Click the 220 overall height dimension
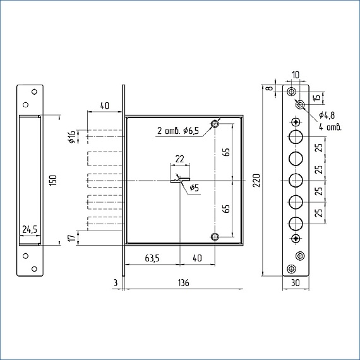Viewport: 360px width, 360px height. point(257,181)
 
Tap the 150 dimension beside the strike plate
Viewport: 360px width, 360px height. point(53,181)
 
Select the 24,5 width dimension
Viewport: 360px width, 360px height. point(30,229)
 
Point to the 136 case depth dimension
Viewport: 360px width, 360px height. point(184,283)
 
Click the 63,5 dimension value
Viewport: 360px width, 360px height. point(152,258)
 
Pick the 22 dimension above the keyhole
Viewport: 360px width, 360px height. point(180,159)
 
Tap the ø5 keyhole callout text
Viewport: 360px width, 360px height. point(195,188)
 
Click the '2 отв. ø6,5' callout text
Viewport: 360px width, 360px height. point(178,131)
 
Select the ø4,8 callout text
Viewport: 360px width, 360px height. point(327,115)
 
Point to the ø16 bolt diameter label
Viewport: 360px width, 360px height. point(72,137)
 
